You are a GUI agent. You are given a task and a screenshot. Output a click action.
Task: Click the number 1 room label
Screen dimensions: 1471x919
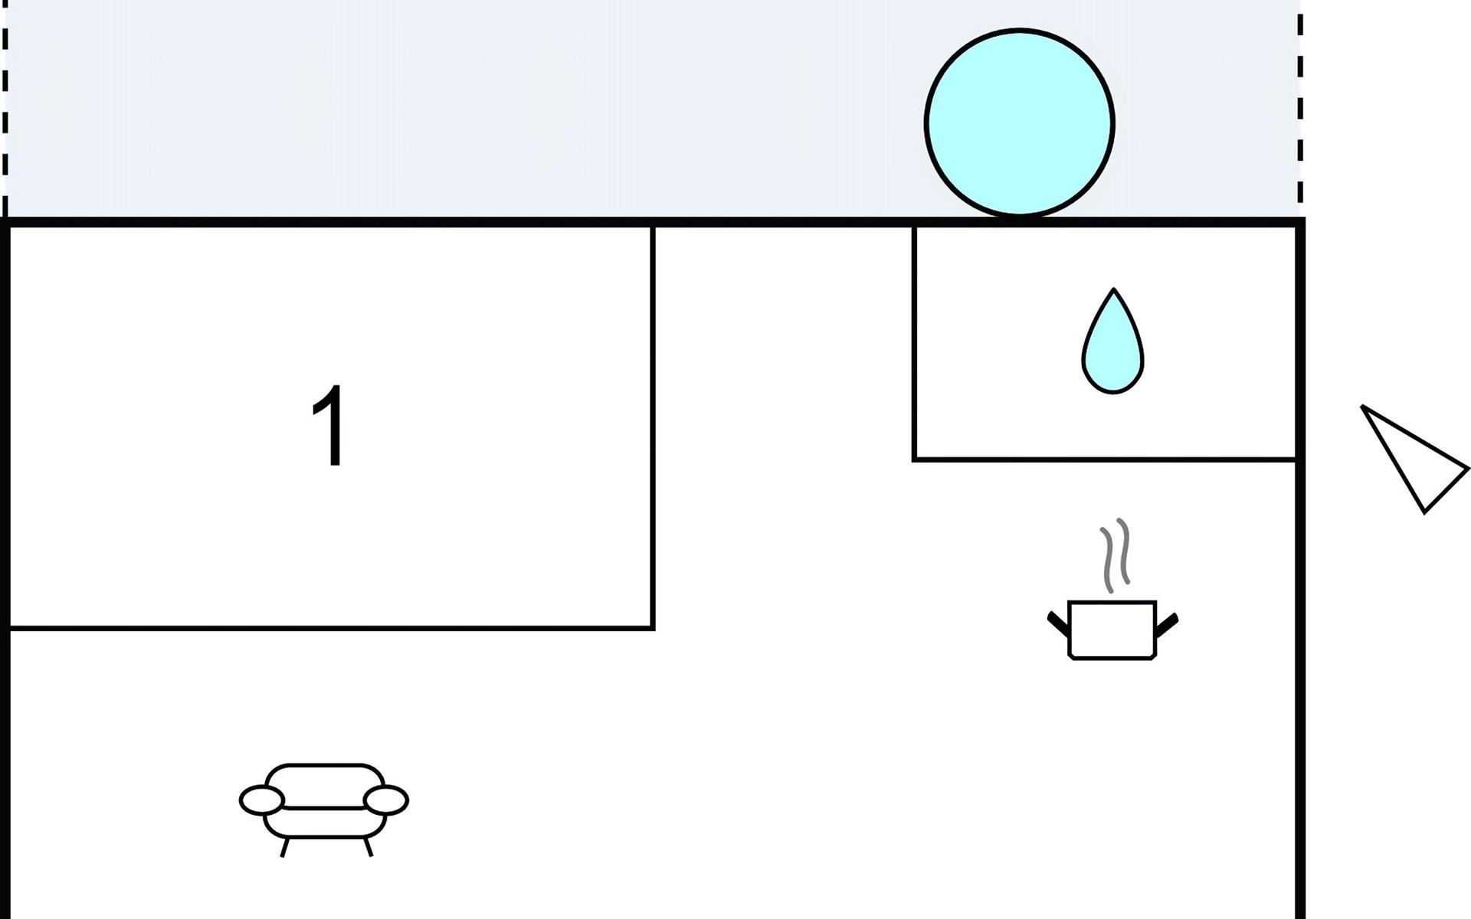tap(330, 425)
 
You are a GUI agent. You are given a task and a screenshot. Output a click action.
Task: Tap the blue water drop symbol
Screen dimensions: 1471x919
tap(1112, 342)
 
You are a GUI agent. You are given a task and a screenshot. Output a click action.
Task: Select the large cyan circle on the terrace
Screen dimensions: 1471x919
tap(1019, 123)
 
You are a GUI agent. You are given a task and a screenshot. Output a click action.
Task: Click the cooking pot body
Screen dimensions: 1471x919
tap(1112, 630)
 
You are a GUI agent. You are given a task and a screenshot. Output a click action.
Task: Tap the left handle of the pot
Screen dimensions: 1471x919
tap(1058, 624)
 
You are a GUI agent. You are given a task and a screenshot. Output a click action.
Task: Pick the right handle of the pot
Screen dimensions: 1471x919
tap(1167, 625)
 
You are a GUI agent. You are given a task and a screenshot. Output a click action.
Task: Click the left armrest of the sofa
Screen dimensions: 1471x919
tap(262, 800)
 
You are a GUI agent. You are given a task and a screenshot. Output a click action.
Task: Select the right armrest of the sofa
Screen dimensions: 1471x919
tap(385, 800)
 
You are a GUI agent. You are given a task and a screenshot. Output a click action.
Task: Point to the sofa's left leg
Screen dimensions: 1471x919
tap(285, 847)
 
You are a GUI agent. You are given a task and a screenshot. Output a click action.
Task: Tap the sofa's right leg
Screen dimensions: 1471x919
tap(368, 847)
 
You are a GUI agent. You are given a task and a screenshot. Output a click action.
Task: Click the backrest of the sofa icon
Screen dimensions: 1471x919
tap(324, 785)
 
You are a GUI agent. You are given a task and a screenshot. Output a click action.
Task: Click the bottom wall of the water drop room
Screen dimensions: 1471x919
tap(1105, 459)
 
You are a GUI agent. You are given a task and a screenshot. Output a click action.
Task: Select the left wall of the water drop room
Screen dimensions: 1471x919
tap(915, 342)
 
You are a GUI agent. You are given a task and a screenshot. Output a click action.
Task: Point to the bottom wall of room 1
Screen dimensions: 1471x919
tap(330, 628)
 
